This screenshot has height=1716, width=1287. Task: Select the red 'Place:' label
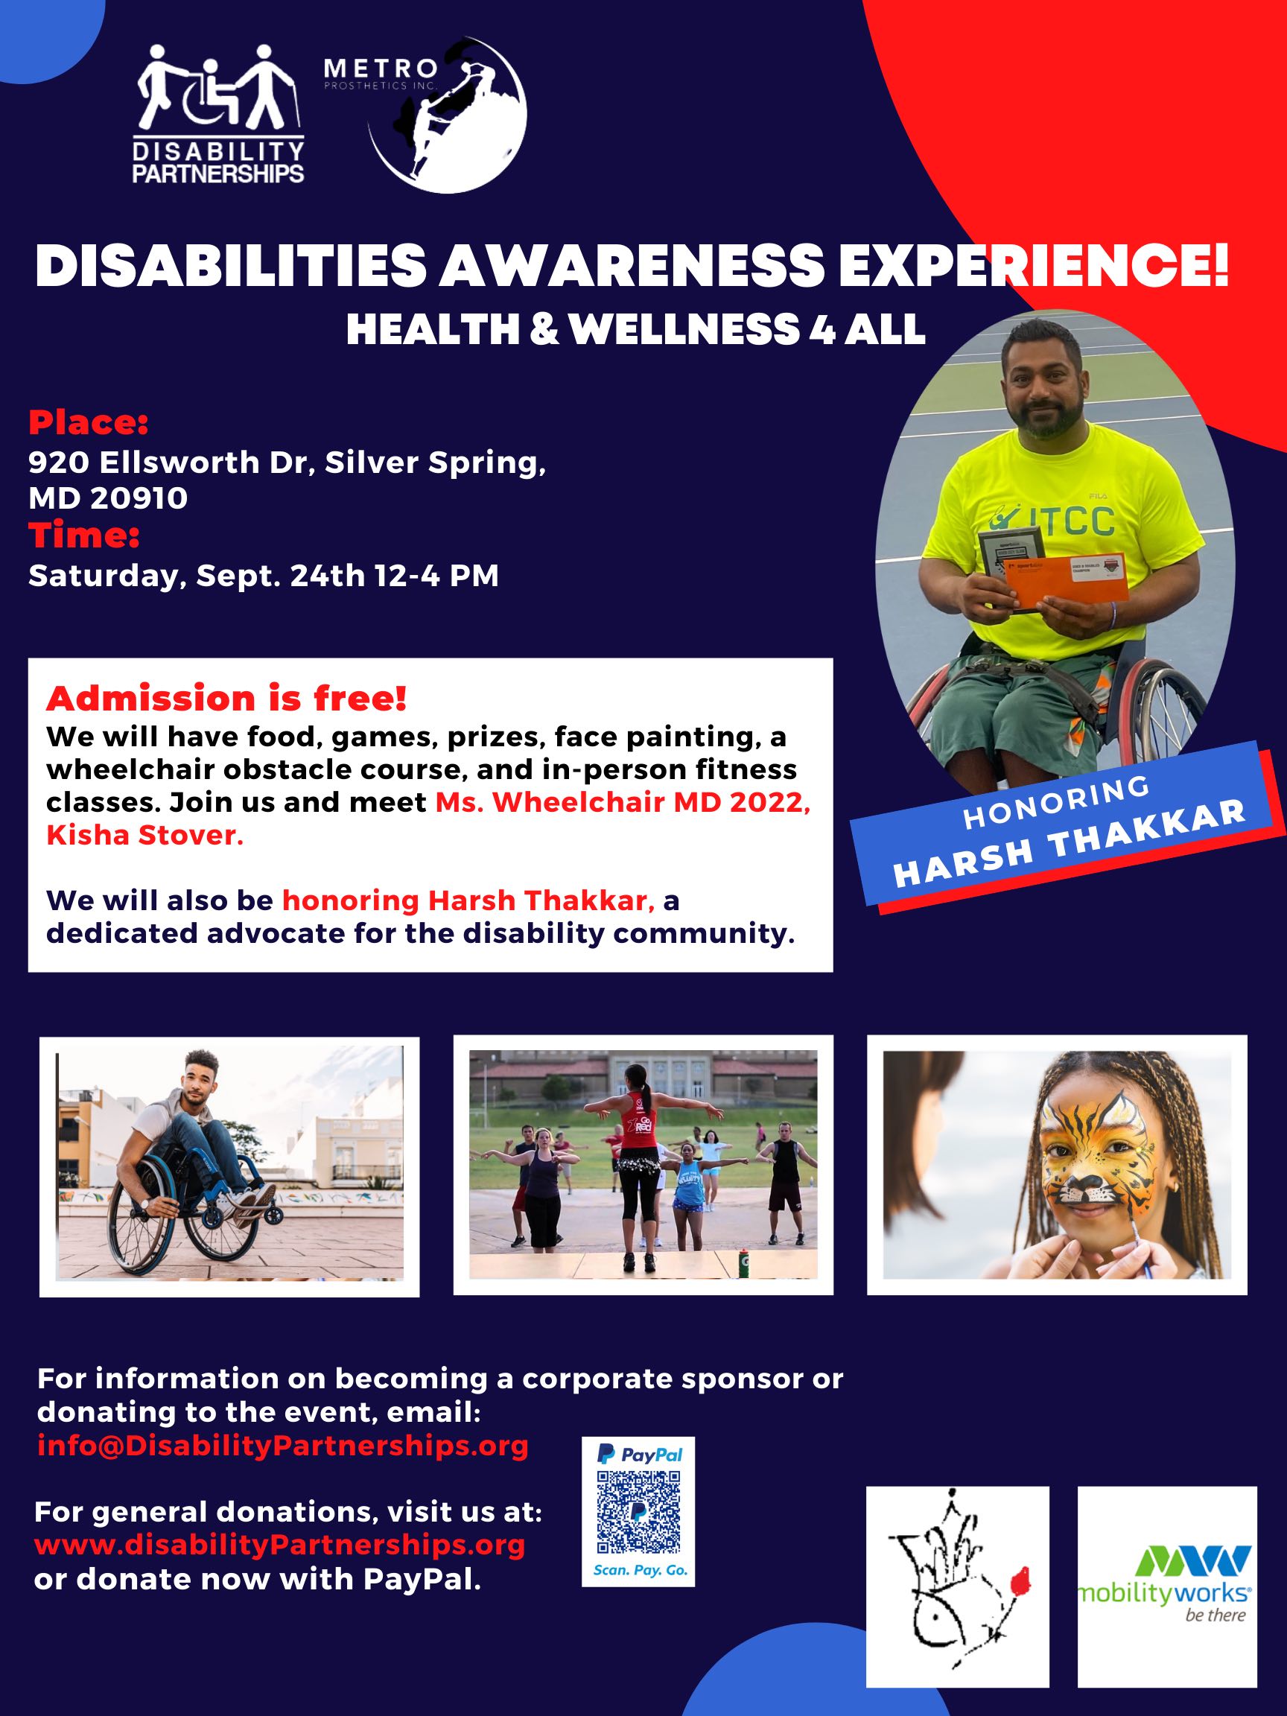[x=88, y=424]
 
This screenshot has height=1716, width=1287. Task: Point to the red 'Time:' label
[x=83, y=536]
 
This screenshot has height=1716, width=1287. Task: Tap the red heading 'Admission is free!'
[x=226, y=699]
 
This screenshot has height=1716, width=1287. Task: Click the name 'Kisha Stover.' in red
[x=144, y=836]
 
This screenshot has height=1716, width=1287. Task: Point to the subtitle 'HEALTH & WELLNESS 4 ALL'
[x=635, y=329]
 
